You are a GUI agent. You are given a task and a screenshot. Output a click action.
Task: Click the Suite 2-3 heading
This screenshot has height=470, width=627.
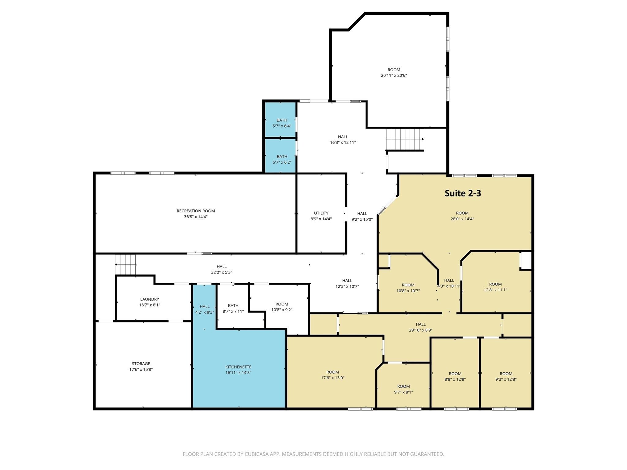pos(463,193)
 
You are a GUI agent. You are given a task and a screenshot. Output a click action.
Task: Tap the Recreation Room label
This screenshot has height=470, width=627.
pos(196,211)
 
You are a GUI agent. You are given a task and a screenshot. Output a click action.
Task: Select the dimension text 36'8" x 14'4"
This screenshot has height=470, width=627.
pos(196,217)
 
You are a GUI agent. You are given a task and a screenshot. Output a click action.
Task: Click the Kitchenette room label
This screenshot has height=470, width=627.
pos(238,367)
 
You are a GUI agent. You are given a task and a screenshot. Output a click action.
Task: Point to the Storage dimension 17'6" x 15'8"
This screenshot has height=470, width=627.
pos(141,369)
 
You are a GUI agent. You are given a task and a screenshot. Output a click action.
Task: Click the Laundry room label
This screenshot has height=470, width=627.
pos(149,299)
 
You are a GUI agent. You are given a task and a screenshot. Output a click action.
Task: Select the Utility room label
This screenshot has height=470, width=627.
pos(321,213)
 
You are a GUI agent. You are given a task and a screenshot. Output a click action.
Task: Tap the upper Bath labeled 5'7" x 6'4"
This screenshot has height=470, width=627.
pos(282,123)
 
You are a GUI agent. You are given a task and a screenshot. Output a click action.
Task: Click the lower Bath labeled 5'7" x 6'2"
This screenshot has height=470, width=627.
pos(282,159)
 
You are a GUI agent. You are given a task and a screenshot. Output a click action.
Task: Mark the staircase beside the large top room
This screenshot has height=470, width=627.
pos(405,139)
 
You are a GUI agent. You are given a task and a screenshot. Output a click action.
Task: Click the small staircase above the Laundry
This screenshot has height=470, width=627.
pos(125,264)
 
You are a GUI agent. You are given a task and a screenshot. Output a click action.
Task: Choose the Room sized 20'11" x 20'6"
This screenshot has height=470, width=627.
pos(394,73)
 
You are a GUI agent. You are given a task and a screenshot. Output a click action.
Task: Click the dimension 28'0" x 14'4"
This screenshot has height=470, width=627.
pos(462,219)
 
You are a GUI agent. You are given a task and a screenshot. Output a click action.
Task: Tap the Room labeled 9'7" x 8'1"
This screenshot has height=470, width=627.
pos(403,389)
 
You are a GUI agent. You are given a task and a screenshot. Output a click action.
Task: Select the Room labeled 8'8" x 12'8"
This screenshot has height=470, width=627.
pos(455,376)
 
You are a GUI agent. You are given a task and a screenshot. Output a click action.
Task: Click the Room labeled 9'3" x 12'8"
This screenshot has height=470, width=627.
pos(506,376)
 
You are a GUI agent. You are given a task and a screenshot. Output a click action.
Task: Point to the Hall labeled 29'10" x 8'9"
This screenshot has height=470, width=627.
pos(421,327)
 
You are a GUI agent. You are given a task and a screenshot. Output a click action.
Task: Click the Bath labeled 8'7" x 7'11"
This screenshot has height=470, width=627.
pos(233,308)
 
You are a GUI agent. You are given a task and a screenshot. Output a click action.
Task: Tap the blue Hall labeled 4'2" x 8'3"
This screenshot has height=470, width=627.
pos(205,309)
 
